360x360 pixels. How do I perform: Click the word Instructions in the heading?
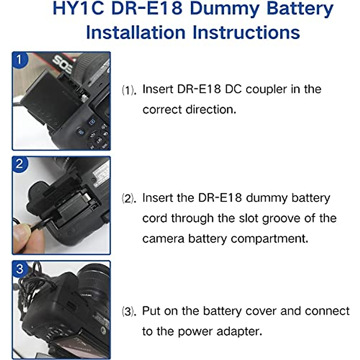pyautogui.click(x=246, y=32)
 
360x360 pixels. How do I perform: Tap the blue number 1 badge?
pyautogui.click(x=19, y=59)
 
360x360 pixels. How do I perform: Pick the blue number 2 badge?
pyautogui.click(x=19, y=164)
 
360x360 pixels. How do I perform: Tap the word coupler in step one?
pyautogui.click(x=266, y=89)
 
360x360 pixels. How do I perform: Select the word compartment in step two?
pyautogui.click(x=269, y=239)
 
